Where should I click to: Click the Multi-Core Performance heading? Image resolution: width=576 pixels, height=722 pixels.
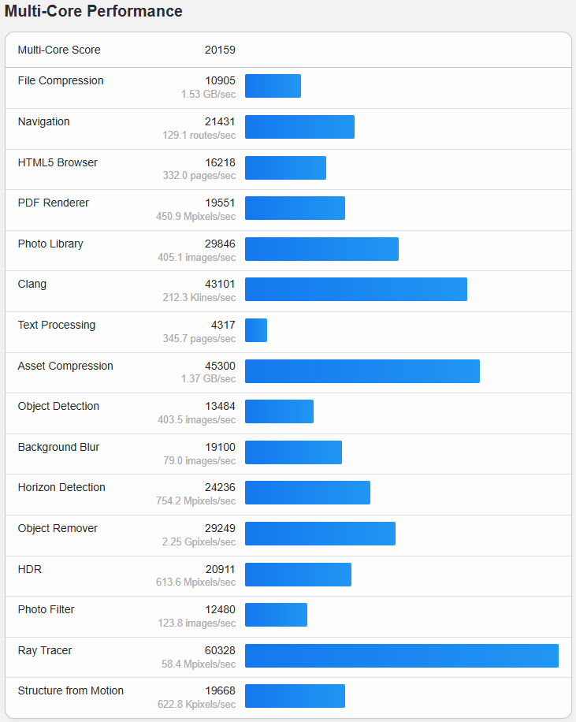tap(93, 12)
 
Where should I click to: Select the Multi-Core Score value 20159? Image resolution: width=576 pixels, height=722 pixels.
tap(220, 50)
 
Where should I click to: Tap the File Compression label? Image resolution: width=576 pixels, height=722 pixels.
tap(61, 81)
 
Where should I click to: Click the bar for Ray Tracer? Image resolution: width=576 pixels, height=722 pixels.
tap(401, 656)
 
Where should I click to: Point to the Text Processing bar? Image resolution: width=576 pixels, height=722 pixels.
tap(256, 330)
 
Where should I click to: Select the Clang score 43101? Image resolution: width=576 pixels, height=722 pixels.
tap(220, 285)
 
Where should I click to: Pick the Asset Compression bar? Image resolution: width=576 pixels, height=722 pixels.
tap(362, 371)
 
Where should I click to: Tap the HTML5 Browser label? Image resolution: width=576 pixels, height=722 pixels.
tap(58, 163)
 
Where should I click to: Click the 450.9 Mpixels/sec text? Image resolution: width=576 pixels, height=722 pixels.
tap(195, 217)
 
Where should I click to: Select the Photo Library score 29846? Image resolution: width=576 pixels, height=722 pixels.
tap(220, 244)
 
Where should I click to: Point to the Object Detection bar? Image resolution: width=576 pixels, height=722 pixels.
tap(279, 411)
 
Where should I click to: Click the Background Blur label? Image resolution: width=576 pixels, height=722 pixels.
tap(58, 448)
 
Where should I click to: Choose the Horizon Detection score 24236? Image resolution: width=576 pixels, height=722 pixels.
tap(220, 488)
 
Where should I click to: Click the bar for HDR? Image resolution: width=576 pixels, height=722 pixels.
tap(298, 575)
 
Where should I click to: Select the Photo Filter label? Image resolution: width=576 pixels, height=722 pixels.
tap(46, 610)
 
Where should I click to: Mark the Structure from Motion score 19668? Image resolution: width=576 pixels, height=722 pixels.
tap(220, 691)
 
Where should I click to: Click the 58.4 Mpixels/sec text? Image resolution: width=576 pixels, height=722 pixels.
tap(197, 664)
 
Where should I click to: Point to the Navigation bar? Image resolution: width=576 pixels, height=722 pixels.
tap(299, 127)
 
